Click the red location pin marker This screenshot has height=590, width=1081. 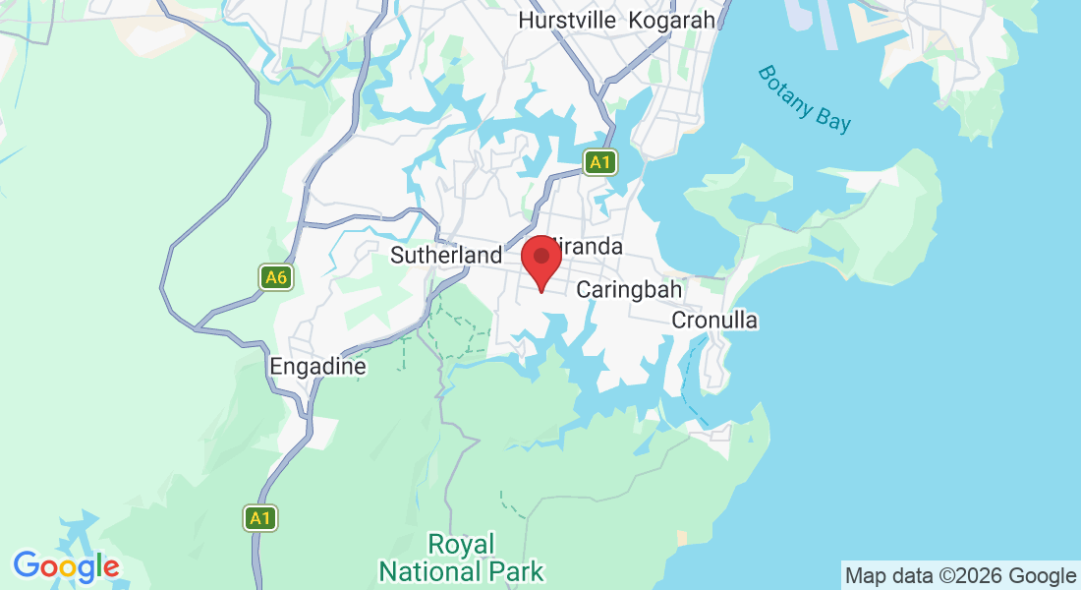click(540, 262)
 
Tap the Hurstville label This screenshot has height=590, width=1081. click(567, 20)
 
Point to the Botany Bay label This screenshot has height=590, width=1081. click(805, 98)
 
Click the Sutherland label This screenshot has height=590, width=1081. click(446, 256)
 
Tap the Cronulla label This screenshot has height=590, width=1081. click(714, 321)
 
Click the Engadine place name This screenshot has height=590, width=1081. click(317, 367)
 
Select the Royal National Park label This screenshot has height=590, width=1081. click(462, 558)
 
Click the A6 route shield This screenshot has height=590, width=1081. click(276, 277)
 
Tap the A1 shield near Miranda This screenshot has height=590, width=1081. click(600, 162)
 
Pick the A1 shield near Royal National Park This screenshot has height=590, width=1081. click(260, 517)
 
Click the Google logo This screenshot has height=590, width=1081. click(66, 566)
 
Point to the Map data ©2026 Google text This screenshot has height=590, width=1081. click(961, 575)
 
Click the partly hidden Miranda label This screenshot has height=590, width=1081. click(592, 246)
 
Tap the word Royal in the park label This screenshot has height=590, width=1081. click(462, 544)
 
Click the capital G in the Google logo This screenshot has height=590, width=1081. click(26, 565)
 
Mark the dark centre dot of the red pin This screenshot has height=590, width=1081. click(540, 255)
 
